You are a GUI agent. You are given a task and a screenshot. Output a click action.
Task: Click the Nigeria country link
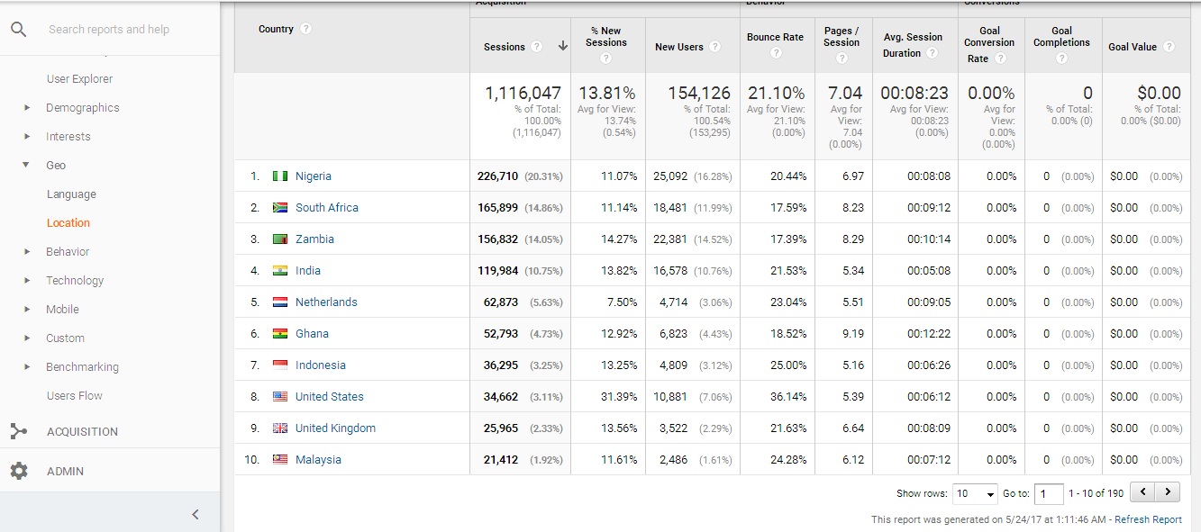[314, 176]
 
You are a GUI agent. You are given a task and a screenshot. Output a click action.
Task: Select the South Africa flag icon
[280, 208]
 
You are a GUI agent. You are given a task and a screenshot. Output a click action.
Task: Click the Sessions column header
[505, 47]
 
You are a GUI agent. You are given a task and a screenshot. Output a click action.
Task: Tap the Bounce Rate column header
[775, 38]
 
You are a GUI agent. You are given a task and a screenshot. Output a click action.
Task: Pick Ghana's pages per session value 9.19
[852, 334]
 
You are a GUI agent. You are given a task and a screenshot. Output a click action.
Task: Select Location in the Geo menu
[68, 223]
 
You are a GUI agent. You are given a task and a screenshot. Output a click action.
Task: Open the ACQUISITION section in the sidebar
[82, 432]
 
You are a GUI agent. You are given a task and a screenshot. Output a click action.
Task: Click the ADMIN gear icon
[19, 471]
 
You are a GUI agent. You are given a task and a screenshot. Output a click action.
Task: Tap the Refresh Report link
[1148, 519]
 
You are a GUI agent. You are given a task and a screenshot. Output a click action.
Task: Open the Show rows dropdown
[976, 493]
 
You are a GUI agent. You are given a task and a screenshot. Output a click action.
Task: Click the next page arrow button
[1168, 492]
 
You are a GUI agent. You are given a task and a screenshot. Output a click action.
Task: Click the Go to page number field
[1049, 493]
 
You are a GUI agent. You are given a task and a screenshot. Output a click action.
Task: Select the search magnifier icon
[18, 29]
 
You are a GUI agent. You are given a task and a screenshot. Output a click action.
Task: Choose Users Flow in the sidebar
[75, 396]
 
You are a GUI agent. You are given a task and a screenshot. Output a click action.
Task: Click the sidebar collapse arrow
[196, 515]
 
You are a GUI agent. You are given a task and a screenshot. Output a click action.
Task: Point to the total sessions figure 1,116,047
[523, 93]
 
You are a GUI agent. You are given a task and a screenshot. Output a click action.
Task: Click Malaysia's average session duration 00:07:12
[929, 460]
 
